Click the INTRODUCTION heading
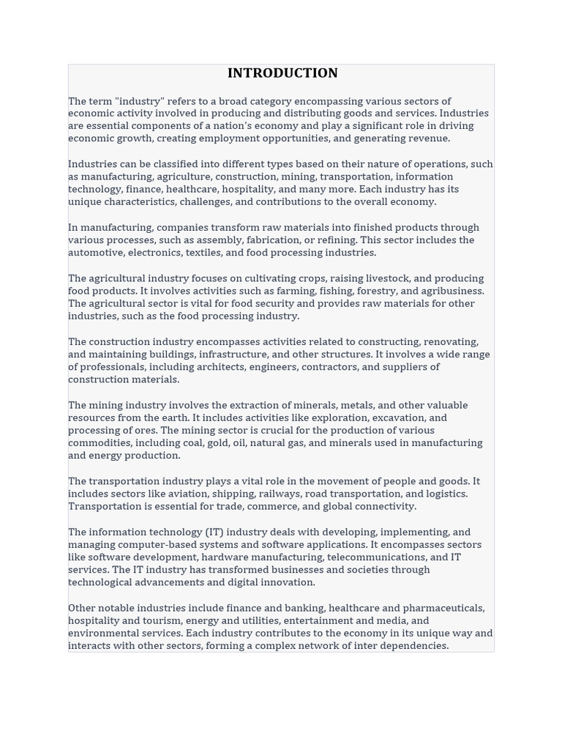(282, 73)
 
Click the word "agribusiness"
(452, 291)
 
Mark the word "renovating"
(451, 342)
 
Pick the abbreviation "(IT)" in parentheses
(209, 532)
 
